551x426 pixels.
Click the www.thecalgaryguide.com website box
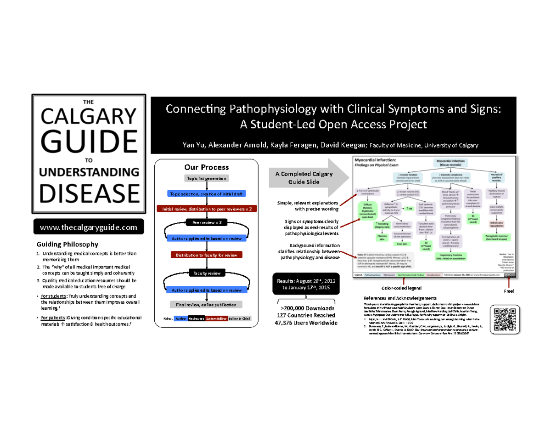coord(89,227)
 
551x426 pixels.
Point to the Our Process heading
coord(206,167)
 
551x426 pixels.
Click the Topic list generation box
coord(206,178)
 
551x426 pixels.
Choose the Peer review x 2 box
coord(206,223)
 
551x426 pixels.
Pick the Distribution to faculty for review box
coord(206,255)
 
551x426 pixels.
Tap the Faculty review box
coord(206,273)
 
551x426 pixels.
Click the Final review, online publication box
coord(206,305)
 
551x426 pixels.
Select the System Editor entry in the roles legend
coord(218,318)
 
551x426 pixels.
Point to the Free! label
coord(509,292)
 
